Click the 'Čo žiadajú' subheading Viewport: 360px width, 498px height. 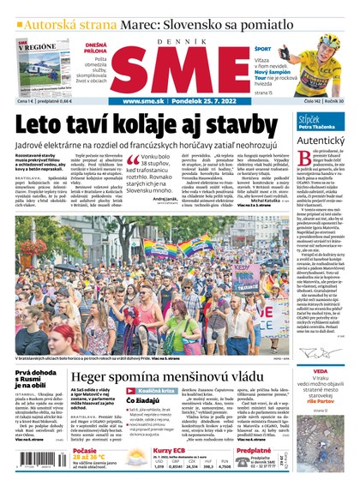[x=140, y=401]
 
